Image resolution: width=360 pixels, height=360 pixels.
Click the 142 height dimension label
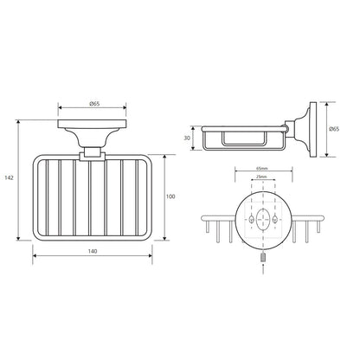coord(9,178)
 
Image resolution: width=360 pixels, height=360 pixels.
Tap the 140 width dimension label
coord(93,251)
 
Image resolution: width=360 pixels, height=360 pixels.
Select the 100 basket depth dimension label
coord(170,196)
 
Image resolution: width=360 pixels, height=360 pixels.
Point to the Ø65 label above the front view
coord(94,104)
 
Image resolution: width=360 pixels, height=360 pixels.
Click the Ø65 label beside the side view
coord(334,129)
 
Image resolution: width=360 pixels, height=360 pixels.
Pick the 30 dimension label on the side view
coord(187,138)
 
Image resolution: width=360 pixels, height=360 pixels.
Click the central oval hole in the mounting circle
coord(263,219)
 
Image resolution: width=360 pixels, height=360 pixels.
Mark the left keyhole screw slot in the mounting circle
coord(251,219)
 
